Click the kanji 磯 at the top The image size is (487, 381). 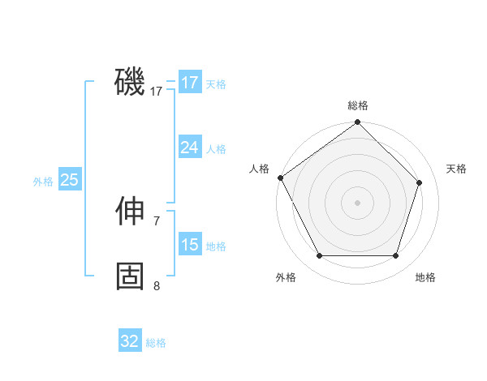click(x=130, y=82)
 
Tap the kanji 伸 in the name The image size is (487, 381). click(x=130, y=212)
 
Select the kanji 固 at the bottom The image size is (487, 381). click(x=130, y=276)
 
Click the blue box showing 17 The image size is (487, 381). click(x=189, y=83)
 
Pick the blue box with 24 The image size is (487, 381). click(x=189, y=148)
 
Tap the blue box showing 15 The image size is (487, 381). click(x=189, y=245)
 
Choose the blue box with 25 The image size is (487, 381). click(x=69, y=180)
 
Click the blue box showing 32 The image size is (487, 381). click(x=130, y=341)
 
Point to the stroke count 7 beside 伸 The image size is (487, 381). click(x=157, y=220)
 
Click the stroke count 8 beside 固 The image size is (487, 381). click(x=157, y=285)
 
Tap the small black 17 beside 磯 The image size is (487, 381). click(x=157, y=92)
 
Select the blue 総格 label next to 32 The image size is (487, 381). click(x=156, y=343)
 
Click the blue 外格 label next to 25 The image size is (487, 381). click(x=43, y=182)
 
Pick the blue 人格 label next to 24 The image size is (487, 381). click(x=216, y=149)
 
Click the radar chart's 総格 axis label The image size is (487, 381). click(x=357, y=105)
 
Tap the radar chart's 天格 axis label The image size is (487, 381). click(x=456, y=169)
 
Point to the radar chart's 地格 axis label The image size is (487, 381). click(x=425, y=277)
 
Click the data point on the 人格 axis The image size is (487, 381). click(x=280, y=178)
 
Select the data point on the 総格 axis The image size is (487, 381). click(x=357, y=122)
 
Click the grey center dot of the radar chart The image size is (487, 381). click(x=357, y=202)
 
